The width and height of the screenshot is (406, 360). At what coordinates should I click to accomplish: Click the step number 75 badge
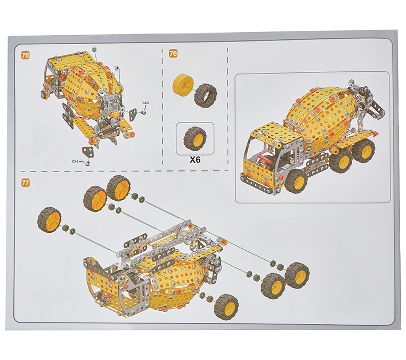click(x=26, y=55)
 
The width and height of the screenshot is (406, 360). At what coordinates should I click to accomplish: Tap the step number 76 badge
click(x=173, y=54)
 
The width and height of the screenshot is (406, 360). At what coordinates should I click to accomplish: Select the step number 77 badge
click(x=26, y=183)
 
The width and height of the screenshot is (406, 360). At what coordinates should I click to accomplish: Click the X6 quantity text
click(x=194, y=160)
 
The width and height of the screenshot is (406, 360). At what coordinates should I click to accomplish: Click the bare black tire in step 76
click(x=206, y=94)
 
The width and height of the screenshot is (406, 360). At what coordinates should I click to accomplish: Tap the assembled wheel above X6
click(x=195, y=137)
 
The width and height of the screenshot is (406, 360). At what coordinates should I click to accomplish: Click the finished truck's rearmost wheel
click(x=364, y=150)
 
